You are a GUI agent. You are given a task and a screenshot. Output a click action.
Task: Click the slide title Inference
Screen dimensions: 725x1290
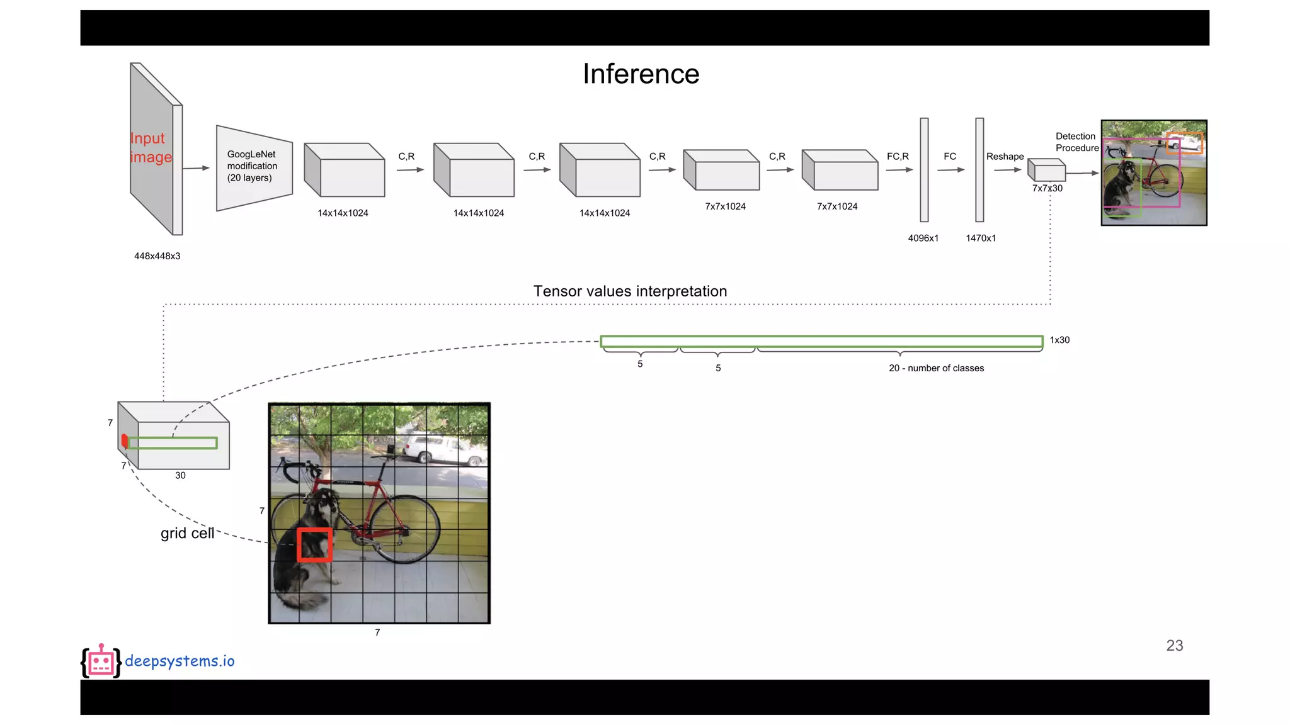pos(641,74)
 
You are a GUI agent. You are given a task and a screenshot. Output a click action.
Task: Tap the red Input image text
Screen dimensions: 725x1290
pos(151,147)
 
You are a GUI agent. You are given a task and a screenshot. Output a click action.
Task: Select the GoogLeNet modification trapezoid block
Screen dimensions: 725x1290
pos(253,167)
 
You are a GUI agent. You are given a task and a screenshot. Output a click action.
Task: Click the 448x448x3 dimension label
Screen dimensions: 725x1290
pos(157,256)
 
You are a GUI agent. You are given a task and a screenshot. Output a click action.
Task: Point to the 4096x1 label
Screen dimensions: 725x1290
pos(923,238)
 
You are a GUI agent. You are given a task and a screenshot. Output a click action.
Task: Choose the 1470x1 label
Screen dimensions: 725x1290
pos(981,238)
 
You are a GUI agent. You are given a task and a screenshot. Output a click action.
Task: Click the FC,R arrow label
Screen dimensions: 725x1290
pos(898,156)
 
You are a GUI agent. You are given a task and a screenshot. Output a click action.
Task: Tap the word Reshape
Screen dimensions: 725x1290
pos(1005,156)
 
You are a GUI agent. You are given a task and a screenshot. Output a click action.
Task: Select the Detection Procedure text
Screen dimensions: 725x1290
pos(1076,142)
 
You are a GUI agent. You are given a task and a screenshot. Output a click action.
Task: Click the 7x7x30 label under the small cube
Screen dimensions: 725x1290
pos(1047,188)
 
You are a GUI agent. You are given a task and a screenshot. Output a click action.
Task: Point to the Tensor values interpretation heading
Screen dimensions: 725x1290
pos(630,291)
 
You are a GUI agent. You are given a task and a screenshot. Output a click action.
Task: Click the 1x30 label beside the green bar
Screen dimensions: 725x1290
pos(1059,340)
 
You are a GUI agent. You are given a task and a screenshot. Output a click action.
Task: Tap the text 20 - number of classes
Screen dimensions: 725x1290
pos(936,368)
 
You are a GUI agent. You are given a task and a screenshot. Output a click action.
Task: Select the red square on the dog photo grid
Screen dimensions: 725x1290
pos(314,544)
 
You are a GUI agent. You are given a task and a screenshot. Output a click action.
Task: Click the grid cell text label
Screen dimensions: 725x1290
pos(187,533)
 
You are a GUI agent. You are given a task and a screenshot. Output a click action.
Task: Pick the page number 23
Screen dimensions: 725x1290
pos(1174,646)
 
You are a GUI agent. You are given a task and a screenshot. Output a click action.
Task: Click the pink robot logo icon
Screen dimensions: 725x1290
pos(101,661)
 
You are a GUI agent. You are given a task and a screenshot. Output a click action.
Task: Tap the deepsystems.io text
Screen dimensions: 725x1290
pos(180,661)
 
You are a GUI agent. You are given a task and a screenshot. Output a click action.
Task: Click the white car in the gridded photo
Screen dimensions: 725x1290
pos(436,449)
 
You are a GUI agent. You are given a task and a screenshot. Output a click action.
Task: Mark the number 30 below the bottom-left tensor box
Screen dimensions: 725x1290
pos(180,476)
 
